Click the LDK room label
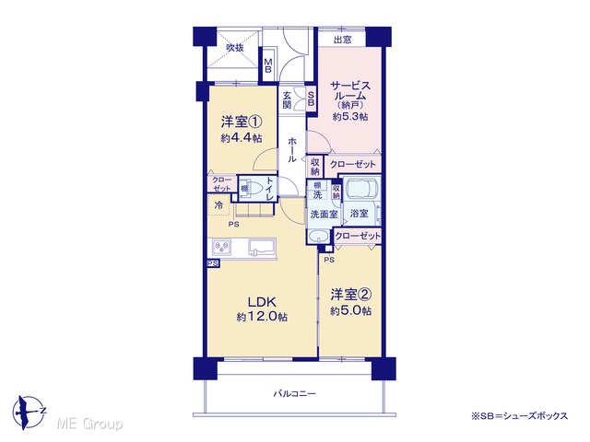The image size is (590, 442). click(262, 302)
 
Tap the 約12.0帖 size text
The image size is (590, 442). click(262, 317)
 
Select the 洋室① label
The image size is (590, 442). click(242, 122)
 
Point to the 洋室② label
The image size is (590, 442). click(351, 295)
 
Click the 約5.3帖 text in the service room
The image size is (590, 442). click(350, 117)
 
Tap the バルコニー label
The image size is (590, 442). click(295, 394)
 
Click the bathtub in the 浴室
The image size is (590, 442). click(362, 189)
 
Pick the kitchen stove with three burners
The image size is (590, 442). click(221, 247)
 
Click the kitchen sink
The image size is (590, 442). click(262, 247)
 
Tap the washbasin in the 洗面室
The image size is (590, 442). click(319, 237)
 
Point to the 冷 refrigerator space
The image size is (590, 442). click(218, 205)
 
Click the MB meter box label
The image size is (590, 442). click(268, 65)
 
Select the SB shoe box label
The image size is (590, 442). click(312, 99)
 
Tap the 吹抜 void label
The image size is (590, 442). click(235, 48)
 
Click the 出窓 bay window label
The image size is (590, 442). click(342, 40)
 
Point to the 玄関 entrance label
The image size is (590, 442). click(287, 99)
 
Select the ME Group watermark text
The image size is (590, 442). click(90, 425)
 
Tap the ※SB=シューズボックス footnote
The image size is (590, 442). click(519, 416)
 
